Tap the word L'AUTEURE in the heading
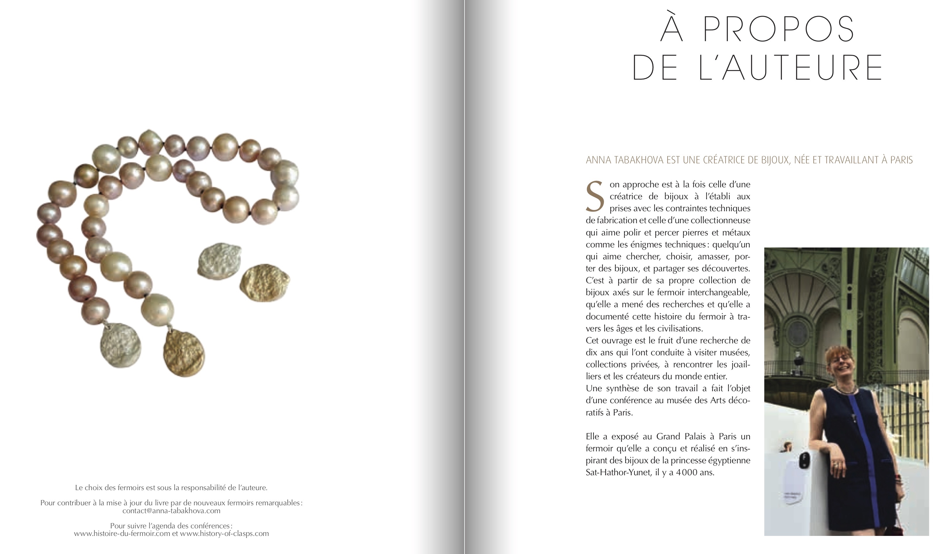point(790,68)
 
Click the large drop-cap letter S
point(595,197)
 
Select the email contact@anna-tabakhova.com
point(171,511)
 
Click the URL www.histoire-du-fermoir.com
point(122,534)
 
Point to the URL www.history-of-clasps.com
point(224,534)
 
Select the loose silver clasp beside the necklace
point(219,260)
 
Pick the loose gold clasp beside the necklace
point(265,278)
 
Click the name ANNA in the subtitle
point(598,160)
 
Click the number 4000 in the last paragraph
point(686,472)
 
